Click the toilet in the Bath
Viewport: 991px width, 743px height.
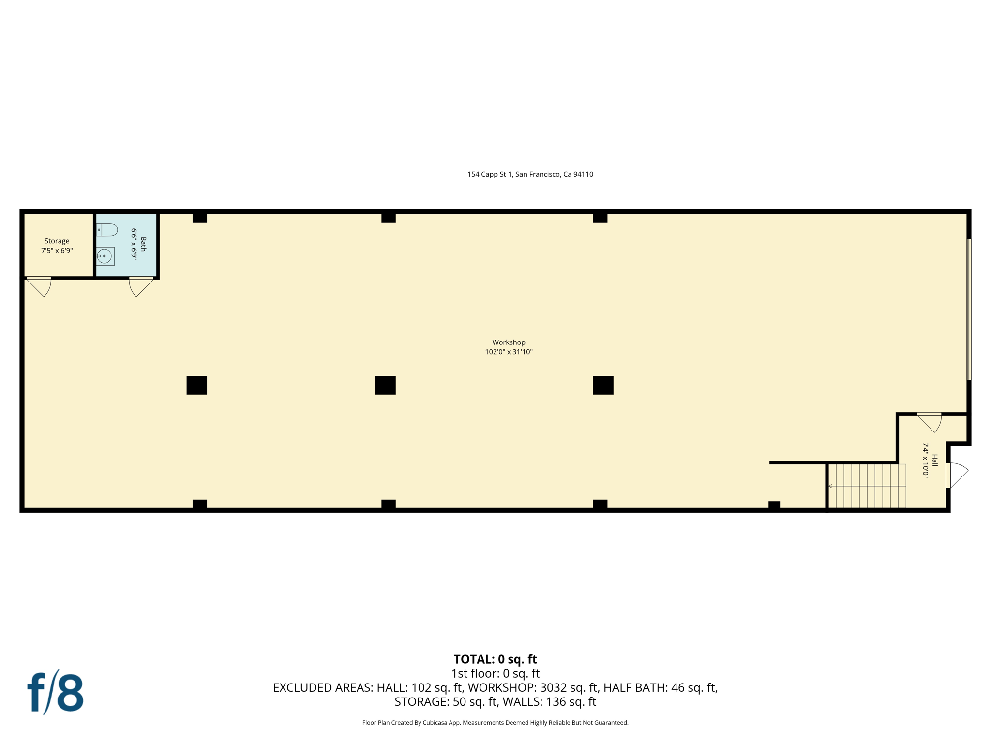click(108, 230)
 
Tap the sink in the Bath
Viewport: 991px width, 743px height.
click(105, 256)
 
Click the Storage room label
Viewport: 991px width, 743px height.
click(57, 241)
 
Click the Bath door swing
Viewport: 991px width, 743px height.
click(140, 286)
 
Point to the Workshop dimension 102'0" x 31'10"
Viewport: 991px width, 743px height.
click(509, 352)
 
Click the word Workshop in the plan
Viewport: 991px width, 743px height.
click(509, 342)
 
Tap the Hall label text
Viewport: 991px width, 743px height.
click(934, 460)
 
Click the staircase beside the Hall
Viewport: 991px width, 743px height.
click(867, 486)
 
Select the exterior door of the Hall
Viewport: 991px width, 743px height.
click(956, 475)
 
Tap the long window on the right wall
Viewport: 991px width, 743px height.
click(969, 310)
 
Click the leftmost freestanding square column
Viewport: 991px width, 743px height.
click(196, 385)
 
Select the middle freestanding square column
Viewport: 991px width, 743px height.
click(385, 385)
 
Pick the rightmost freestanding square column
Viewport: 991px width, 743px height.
click(603, 385)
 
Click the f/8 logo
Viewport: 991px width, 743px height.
click(55, 692)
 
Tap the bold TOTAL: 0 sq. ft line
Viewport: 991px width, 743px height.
click(495, 659)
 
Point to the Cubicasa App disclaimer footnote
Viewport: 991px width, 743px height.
click(495, 723)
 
